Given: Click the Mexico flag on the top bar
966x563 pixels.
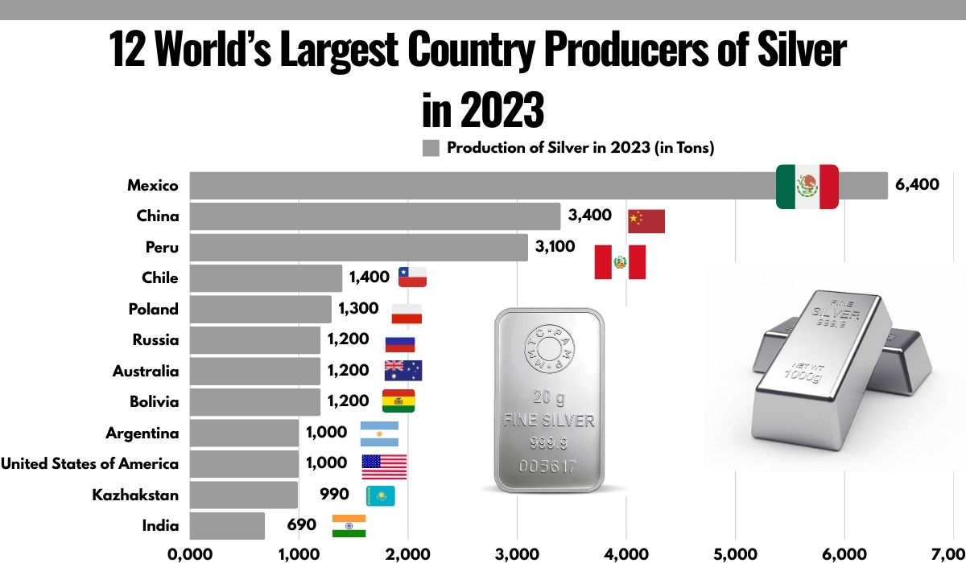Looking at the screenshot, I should coord(807,187).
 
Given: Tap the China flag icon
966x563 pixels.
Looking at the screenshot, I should coord(646,221).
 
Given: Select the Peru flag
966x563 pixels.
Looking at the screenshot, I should coord(620,262).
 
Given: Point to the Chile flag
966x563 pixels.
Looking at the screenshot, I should coord(412,277).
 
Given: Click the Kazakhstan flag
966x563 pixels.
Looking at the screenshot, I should coord(380,495).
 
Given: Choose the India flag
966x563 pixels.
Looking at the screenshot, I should coord(349,526).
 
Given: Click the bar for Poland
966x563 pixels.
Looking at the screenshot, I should coord(260,309).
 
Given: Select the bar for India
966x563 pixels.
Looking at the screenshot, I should coord(227,526).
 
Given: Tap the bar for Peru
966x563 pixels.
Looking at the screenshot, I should coord(358,247).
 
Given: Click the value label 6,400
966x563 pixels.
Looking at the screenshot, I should coord(917,185).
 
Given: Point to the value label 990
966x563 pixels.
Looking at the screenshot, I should coord(334,495).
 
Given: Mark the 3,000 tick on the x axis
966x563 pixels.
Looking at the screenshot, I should coord(517,553).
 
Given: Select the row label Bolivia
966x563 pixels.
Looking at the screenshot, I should coord(154,401).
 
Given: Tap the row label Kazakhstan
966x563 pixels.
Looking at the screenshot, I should coord(135,495).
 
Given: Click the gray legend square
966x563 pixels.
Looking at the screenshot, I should coord(431,148).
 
